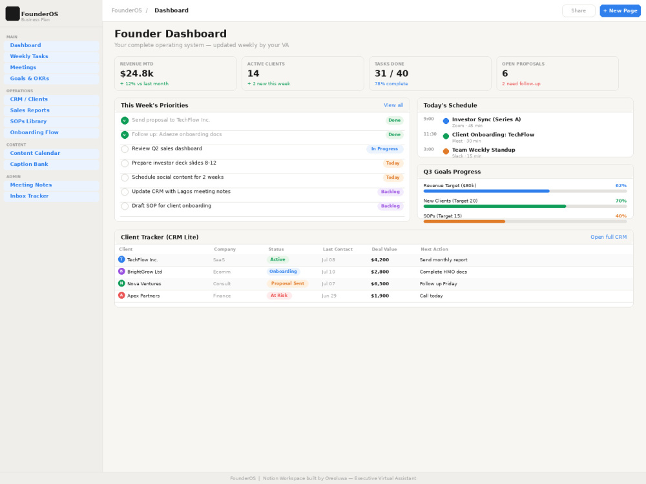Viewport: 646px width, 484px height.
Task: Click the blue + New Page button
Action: pyautogui.click(x=620, y=11)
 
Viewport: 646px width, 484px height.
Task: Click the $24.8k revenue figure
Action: pyautogui.click(x=137, y=74)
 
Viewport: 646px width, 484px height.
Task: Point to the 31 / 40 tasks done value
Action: pyautogui.click(x=391, y=74)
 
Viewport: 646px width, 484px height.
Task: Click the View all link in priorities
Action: pyautogui.click(x=393, y=105)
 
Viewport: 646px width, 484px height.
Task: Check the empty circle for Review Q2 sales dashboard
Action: pyautogui.click(x=125, y=149)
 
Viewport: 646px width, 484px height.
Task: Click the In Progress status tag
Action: pyautogui.click(x=385, y=149)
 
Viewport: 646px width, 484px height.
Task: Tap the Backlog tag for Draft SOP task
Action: pyautogui.click(x=390, y=207)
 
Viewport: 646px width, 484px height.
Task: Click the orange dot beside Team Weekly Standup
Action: pyautogui.click(x=446, y=152)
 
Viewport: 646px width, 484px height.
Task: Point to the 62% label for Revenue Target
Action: pyautogui.click(x=621, y=186)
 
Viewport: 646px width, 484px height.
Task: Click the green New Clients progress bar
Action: pyautogui.click(x=495, y=207)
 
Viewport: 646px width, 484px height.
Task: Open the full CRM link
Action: pyautogui.click(x=609, y=237)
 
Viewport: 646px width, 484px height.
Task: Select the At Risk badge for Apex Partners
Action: pyautogui.click(x=279, y=296)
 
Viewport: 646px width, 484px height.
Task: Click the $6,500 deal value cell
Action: pyautogui.click(x=380, y=284)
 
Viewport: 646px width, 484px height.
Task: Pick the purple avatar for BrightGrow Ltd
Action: pyautogui.click(x=121, y=272)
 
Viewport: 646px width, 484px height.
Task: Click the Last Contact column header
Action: pyautogui.click(x=338, y=249)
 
